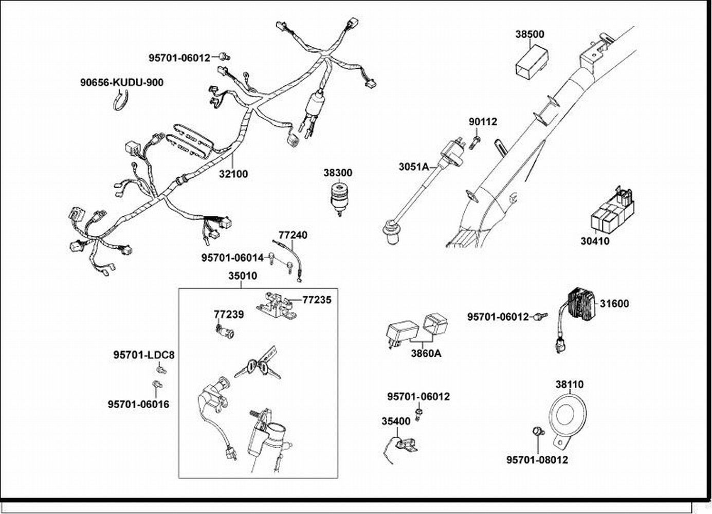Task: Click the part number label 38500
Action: [x=530, y=34]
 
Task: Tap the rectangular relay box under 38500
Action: [x=531, y=62]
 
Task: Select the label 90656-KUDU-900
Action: [x=122, y=82]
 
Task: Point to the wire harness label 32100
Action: [x=233, y=174]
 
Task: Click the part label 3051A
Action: [x=413, y=167]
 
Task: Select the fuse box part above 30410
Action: [x=613, y=211]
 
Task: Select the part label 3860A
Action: [x=426, y=354]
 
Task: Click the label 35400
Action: [x=396, y=421]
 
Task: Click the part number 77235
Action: [x=317, y=300]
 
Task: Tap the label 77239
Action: [x=229, y=314]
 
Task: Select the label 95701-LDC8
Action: [x=144, y=355]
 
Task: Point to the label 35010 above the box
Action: [x=243, y=276]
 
